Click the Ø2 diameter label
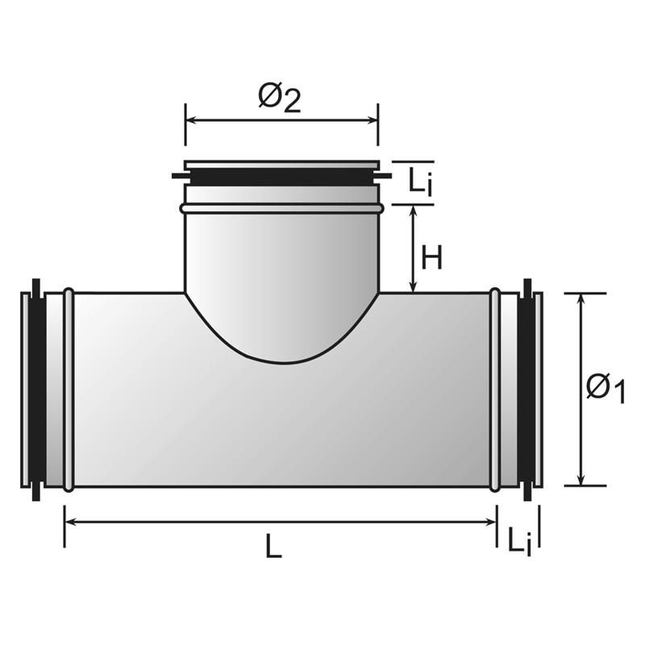(280, 98)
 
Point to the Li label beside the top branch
(420, 182)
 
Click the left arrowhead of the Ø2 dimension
(191, 120)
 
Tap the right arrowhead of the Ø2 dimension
(372, 120)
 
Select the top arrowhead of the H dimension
(414, 211)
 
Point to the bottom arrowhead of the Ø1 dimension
(580, 480)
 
